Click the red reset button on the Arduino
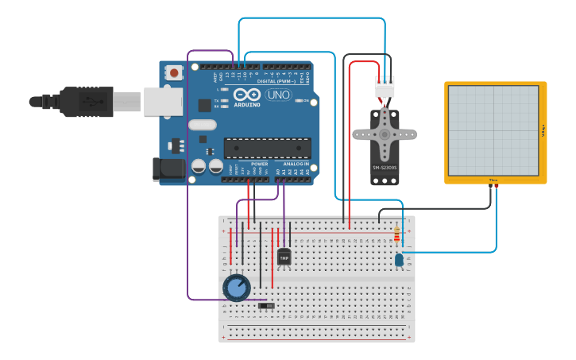[174, 73]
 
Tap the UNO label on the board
[278, 95]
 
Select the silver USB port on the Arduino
[163, 101]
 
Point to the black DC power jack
[168, 168]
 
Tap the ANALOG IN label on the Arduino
[296, 164]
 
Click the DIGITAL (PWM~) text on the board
[276, 81]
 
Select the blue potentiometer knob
[237, 287]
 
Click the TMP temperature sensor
[284, 257]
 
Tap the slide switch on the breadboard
[267, 306]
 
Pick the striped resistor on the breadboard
[397, 234]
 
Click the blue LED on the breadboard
[399, 260]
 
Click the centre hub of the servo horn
[385, 134]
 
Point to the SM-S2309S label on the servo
[385, 168]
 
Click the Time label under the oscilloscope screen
[493, 180]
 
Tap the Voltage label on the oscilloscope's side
[543, 131]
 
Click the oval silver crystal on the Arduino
[203, 125]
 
